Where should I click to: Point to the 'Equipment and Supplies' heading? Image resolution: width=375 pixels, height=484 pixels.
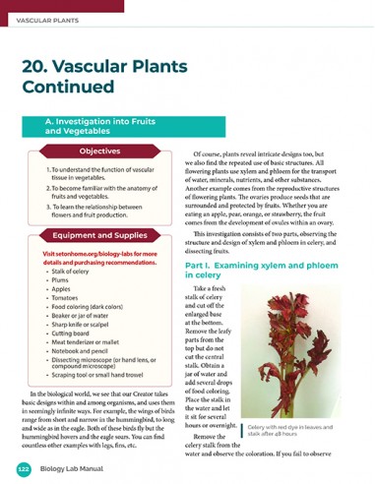pyautogui.click(x=99, y=236)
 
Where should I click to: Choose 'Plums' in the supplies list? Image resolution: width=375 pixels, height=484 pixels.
pyautogui.click(x=60, y=280)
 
